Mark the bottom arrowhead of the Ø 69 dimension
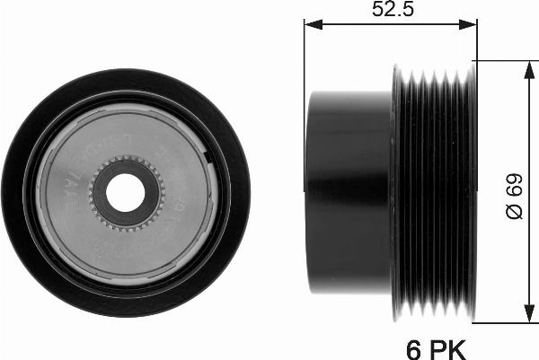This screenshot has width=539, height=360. tap(525, 316)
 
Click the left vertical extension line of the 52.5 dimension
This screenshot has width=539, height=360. tap(305, 54)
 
